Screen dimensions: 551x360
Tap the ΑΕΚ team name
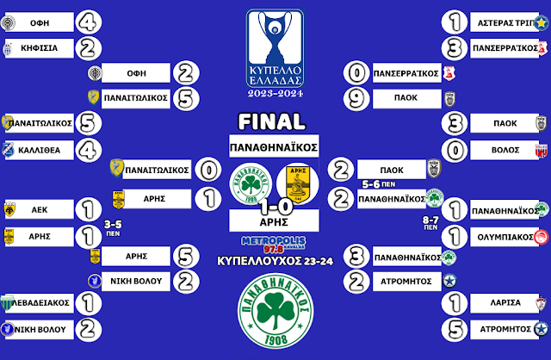(x=38, y=209)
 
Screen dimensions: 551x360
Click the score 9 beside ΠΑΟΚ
(x=356, y=99)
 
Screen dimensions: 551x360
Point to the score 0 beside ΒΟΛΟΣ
(x=453, y=149)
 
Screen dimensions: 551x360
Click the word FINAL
(x=274, y=121)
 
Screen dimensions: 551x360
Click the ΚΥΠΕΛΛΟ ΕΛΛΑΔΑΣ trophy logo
(x=275, y=52)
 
